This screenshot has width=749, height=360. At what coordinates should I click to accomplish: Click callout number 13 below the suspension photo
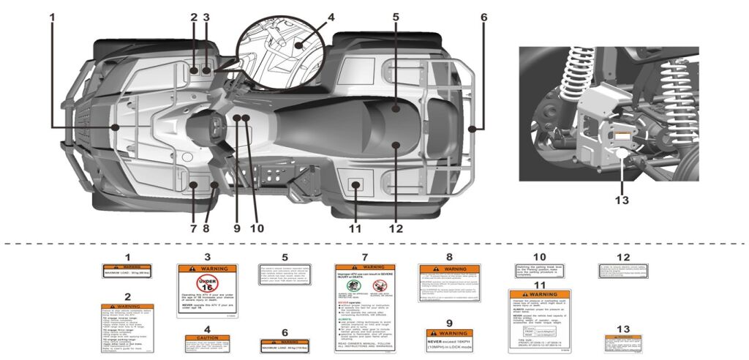pyautogui.click(x=621, y=198)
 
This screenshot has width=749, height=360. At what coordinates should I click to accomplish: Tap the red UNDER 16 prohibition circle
pyautogui.click(x=207, y=284)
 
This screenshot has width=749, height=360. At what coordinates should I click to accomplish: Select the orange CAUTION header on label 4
pyautogui.click(x=207, y=337)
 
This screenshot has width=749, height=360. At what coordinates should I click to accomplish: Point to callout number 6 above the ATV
pyautogui.click(x=483, y=16)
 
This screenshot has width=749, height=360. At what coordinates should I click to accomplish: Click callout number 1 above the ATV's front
pyautogui.click(x=52, y=16)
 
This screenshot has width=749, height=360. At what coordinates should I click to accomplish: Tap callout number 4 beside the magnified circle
pyautogui.click(x=311, y=16)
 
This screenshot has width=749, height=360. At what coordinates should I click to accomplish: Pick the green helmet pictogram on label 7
pyautogui.click(x=348, y=285)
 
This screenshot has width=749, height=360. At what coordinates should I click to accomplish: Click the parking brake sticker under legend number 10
pyautogui.click(x=539, y=271)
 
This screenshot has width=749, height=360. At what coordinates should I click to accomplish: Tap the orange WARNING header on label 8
pyautogui.click(x=448, y=269)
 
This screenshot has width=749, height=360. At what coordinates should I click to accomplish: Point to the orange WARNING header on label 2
pyautogui.click(x=127, y=307)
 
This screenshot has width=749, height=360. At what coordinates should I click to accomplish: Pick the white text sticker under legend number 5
pyautogui.click(x=285, y=274)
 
